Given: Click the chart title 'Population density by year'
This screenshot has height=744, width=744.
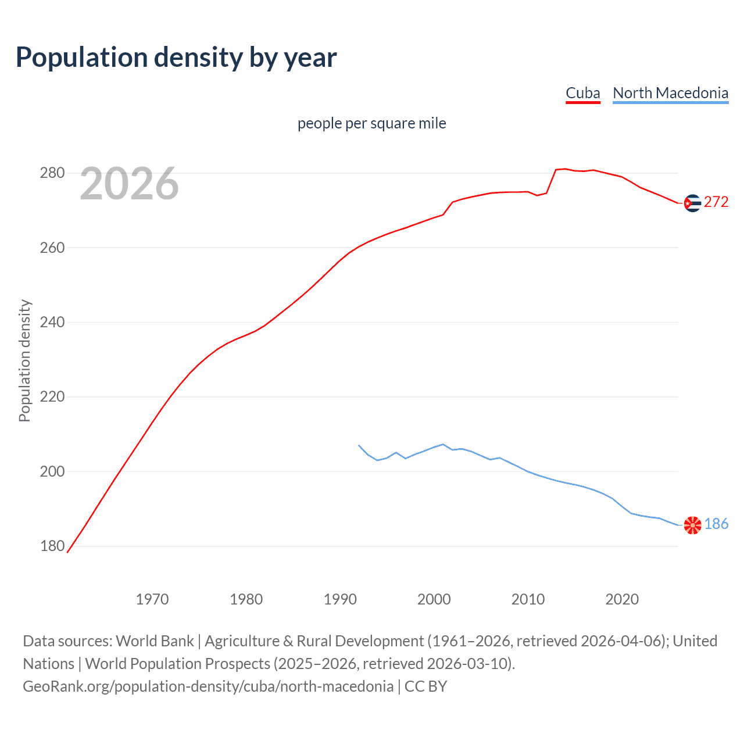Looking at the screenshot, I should pyautogui.click(x=176, y=58).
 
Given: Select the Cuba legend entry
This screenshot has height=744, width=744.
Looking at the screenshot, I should pyautogui.click(x=582, y=93).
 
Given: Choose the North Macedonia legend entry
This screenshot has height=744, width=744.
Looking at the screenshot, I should pyautogui.click(x=670, y=93).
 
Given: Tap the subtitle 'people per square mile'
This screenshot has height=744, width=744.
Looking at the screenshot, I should pyautogui.click(x=371, y=123).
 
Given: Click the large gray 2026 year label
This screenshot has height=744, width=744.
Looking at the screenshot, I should pyautogui.click(x=129, y=184).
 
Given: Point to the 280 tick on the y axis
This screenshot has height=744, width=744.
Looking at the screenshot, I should pyautogui.click(x=52, y=173).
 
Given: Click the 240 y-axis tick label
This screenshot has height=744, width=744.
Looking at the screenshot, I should pyautogui.click(x=52, y=322).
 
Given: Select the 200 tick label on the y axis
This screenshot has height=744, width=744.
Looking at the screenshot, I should pyautogui.click(x=52, y=471).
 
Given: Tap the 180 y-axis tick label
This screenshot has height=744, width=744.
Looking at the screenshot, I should pyautogui.click(x=52, y=546).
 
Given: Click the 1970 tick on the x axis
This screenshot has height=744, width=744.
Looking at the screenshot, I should pyautogui.click(x=152, y=599).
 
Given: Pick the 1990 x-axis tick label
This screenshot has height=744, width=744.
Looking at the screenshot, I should pyautogui.click(x=340, y=599).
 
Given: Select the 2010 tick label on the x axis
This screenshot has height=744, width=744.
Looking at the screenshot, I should pyautogui.click(x=528, y=599).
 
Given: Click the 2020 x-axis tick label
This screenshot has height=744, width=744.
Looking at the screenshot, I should pyautogui.click(x=622, y=599).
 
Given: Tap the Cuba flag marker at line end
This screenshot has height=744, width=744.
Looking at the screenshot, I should pyautogui.click(x=692, y=203).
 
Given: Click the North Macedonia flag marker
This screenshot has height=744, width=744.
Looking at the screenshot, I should pyautogui.click(x=692, y=525).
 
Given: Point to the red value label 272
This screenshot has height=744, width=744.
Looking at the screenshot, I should pyautogui.click(x=716, y=202).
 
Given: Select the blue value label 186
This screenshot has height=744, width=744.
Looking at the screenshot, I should pyautogui.click(x=716, y=524).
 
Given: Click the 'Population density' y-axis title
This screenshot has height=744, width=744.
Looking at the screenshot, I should pyautogui.click(x=24, y=360).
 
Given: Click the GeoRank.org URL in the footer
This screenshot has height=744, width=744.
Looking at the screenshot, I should pyautogui.click(x=208, y=686).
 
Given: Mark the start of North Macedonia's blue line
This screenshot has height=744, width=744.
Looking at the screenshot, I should pyautogui.click(x=359, y=445).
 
